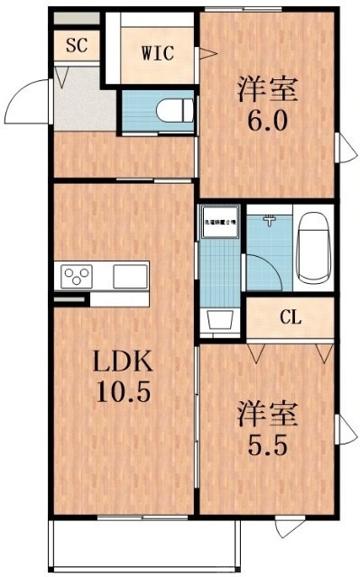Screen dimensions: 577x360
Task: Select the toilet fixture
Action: click(x=172, y=111)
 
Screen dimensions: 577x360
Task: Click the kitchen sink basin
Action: click(x=130, y=274)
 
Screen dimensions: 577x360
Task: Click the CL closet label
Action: click(x=290, y=316)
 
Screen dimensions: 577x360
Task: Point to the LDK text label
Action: click(x=125, y=363)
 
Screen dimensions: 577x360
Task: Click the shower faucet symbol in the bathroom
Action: click(x=269, y=218)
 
